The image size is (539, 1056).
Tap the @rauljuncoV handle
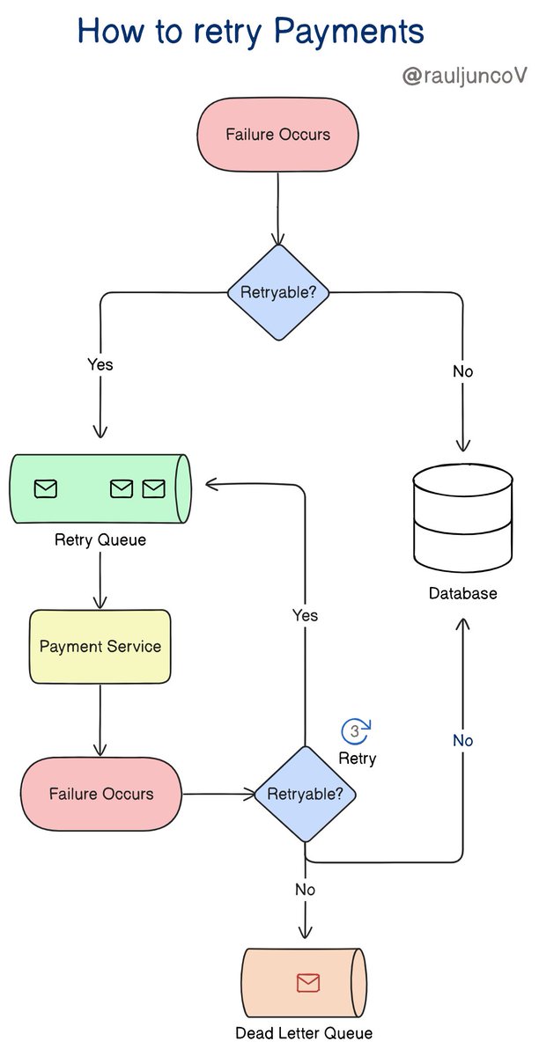(x=463, y=77)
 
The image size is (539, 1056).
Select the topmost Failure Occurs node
(x=277, y=135)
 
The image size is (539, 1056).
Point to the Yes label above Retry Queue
(x=100, y=363)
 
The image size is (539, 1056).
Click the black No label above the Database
(x=462, y=371)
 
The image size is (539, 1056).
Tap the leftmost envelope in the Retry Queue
(x=45, y=488)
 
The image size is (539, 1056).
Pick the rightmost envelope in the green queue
(x=154, y=488)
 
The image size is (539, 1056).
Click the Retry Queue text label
(x=100, y=539)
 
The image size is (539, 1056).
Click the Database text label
(x=462, y=593)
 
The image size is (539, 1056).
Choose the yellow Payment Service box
(x=100, y=647)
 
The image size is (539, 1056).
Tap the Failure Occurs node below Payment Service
(x=100, y=794)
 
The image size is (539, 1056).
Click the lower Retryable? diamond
(x=305, y=794)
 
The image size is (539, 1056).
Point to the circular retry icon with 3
(x=356, y=731)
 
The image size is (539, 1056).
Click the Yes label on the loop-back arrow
(x=305, y=615)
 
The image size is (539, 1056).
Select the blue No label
(x=462, y=740)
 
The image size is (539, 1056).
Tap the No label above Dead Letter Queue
(x=305, y=890)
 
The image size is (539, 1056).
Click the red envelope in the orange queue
(x=307, y=983)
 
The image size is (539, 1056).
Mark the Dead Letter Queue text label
(x=304, y=1033)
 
